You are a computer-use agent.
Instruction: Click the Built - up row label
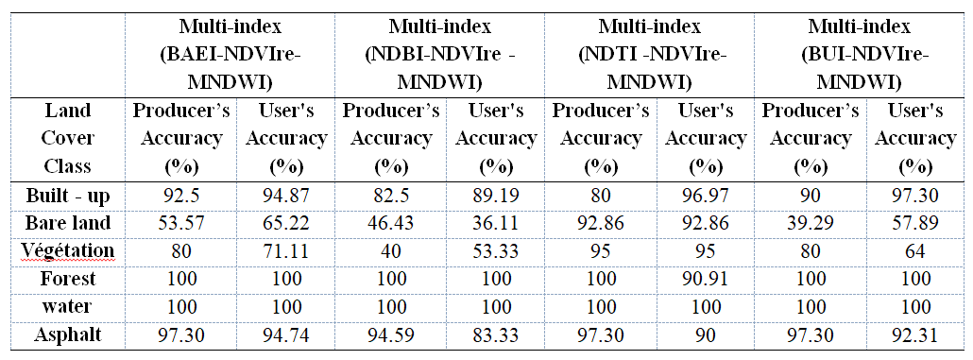click(68, 196)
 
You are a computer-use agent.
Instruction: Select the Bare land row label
click(68, 223)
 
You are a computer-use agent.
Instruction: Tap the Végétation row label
click(68, 250)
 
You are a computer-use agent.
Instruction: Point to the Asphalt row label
click(68, 334)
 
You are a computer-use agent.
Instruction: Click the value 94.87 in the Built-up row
click(286, 196)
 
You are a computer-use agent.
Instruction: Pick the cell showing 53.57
click(181, 223)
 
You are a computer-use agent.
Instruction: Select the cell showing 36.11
click(496, 223)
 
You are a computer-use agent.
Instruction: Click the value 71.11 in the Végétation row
click(286, 250)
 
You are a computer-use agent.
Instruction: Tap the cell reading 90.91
click(706, 279)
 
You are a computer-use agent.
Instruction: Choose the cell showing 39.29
click(811, 223)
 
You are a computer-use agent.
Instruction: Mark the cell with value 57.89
click(915, 223)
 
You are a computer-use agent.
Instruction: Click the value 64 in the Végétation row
click(915, 250)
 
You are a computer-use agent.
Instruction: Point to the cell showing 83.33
click(496, 334)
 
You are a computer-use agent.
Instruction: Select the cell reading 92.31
click(915, 334)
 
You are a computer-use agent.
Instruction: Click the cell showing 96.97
click(706, 196)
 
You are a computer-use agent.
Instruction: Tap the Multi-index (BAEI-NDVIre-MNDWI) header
click(230, 54)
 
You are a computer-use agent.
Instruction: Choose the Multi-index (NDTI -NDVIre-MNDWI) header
click(650, 54)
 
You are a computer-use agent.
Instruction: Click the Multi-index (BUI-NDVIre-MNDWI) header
click(860, 54)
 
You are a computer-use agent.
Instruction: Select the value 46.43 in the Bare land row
click(391, 223)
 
